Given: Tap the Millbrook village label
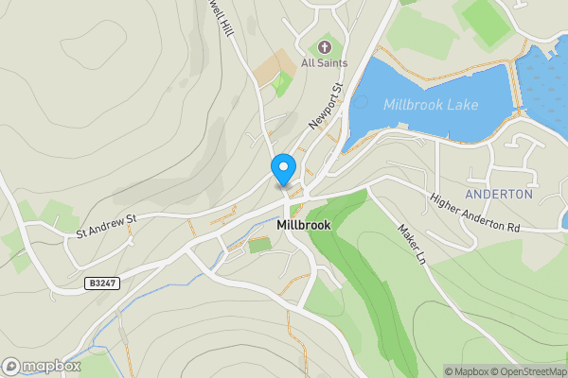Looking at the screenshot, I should coord(303,227).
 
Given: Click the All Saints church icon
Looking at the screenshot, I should coord(325,46).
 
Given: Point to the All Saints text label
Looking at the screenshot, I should coord(324,62).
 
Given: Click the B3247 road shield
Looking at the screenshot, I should coord(101,283).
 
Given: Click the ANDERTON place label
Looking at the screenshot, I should coord(512,193).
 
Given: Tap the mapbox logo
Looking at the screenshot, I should coord(41,366).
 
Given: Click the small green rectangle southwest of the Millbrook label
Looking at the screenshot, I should coord(258,246).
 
